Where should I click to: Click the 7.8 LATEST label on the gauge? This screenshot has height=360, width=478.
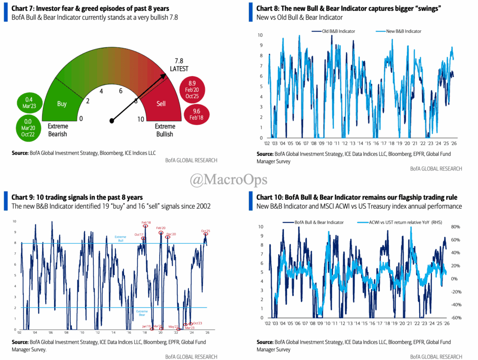(x=179, y=64)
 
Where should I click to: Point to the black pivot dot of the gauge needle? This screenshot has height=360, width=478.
(x=112, y=121)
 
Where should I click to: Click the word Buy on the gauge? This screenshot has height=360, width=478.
(x=62, y=104)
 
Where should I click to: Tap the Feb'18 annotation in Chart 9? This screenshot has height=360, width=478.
(x=146, y=223)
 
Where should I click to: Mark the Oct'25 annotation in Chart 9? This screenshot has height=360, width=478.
(x=206, y=231)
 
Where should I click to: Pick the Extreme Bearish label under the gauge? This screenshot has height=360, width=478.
(x=58, y=130)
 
